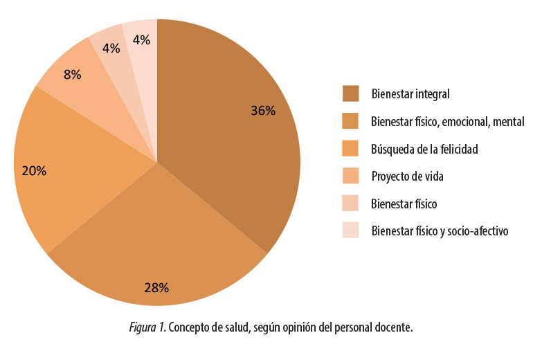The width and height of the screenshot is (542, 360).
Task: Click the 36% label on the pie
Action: [x=263, y=111]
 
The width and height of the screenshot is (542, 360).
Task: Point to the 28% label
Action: [x=156, y=287]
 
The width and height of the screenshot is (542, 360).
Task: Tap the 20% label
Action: [x=34, y=170]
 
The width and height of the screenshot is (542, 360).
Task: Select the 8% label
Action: [x=72, y=74]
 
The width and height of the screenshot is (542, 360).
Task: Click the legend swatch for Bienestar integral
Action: [x=351, y=93]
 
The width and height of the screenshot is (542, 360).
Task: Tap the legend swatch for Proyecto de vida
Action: [x=351, y=177]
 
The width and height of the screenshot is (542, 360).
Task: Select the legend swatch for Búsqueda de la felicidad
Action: [x=351, y=149]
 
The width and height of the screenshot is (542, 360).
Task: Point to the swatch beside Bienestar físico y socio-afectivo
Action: [x=351, y=231]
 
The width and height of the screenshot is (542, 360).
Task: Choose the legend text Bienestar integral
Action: [x=410, y=93]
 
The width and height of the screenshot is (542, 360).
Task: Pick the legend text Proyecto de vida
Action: [x=407, y=177]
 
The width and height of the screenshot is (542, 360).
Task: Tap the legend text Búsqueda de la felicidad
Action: [x=424, y=149]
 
